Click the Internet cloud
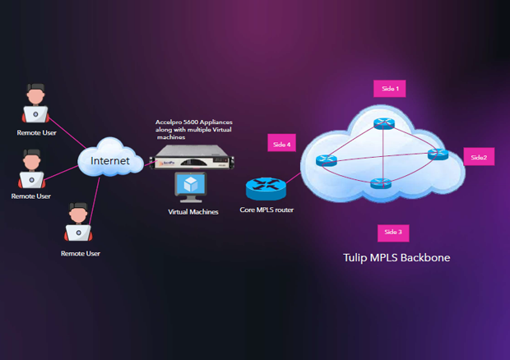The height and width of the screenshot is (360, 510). coord(109,159)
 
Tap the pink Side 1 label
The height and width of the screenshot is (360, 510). coord(390,88)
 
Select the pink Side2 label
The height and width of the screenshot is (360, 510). coord(479,157)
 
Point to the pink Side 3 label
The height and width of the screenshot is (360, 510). coord(392,233)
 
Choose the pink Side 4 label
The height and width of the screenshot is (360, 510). coord(280,145)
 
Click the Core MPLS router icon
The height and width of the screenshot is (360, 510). coord(266,189)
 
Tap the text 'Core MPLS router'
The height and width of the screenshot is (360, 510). coord(266,210)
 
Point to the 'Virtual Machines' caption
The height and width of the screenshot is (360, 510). coord(192,212)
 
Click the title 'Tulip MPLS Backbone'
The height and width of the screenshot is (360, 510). coord(396,258)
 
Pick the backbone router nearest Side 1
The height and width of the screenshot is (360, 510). coord(382,124)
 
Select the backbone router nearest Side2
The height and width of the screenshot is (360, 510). coord(438,155)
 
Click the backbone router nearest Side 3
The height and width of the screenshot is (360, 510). coord(380,183)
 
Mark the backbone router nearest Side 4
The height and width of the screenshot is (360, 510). coord(327,160)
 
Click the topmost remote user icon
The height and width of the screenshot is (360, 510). coord(34,107)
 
